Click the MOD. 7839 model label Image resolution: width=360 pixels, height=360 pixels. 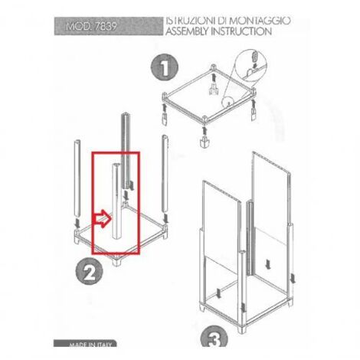pos(91,26)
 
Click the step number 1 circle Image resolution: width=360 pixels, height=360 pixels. pos(165,67)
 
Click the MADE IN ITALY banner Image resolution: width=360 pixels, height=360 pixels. pos(85,343)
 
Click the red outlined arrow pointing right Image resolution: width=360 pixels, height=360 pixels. pos(103,218)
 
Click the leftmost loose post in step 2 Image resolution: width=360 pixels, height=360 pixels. pos(77,178)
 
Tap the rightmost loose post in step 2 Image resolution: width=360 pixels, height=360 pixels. pos(165,174)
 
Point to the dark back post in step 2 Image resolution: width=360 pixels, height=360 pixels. pos(126,151)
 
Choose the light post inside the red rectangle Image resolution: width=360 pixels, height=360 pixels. pos(117,201)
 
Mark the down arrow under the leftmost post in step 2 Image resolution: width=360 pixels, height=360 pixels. pos(77,224)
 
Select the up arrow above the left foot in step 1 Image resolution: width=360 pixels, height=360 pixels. pos(165,107)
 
